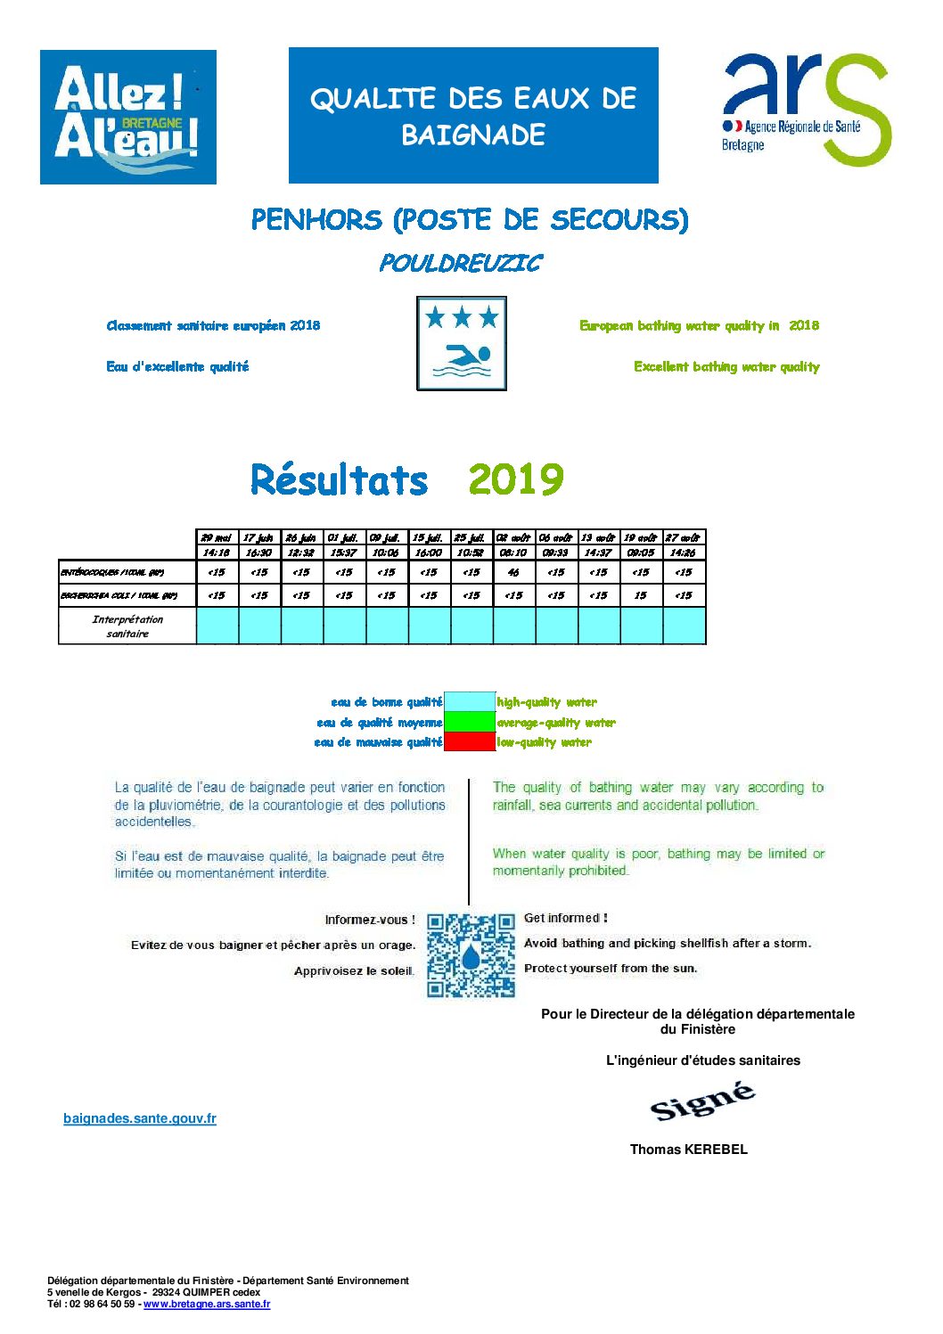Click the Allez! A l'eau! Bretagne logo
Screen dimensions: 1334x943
pos(128,117)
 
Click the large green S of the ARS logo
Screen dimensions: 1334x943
pos(856,109)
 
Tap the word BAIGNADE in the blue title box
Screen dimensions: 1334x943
pos(473,135)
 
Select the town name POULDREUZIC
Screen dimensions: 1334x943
pos(460,264)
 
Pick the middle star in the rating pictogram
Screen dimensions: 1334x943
pos(462,316)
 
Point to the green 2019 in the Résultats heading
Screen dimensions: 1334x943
pos(515,479)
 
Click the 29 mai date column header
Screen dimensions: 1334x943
pos(217,537)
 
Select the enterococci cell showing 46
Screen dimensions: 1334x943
pos(513,572)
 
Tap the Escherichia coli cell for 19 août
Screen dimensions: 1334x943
pos(641,595)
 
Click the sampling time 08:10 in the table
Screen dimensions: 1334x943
pos(513,552)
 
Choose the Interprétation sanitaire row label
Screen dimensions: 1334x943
pos(127,626)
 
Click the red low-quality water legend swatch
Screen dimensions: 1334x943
pos(469,742)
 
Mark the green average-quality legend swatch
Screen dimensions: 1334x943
pos(469,722)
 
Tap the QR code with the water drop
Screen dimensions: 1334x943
pos(471,955)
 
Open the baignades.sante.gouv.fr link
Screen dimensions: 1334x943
pos(140,1118)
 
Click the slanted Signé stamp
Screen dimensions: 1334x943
pos(702,1101)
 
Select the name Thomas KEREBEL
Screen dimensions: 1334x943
pos(688,1150)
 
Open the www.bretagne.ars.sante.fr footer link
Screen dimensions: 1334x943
pos(207,1304)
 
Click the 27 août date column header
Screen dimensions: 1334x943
pos(684,537)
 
